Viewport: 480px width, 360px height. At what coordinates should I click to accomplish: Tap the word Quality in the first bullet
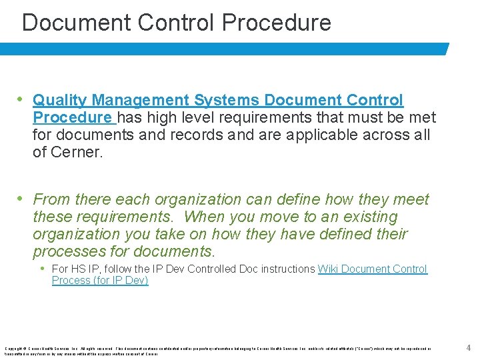(60, 101)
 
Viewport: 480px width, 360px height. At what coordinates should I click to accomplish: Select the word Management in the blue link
(141, 101)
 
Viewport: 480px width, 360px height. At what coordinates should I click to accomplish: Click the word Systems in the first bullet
(227, 101)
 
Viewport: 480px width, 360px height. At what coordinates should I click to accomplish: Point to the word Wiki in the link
(329, 269)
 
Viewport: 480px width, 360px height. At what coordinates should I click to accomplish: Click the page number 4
(468, 347)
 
